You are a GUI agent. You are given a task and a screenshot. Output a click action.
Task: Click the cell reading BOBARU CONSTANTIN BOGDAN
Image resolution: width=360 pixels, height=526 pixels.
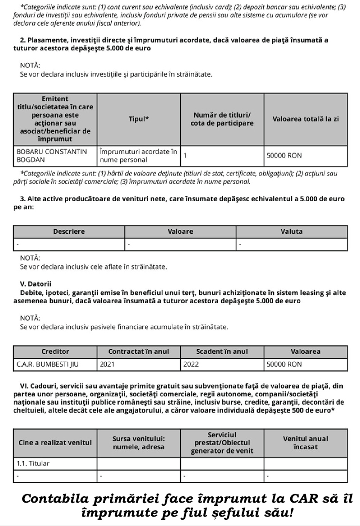[x=52, y=156]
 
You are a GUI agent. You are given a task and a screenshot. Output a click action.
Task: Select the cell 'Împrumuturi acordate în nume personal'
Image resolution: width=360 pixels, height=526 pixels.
[x=139, y=156]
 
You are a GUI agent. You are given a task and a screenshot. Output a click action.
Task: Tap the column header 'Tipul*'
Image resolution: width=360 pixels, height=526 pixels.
[x=139, y=119]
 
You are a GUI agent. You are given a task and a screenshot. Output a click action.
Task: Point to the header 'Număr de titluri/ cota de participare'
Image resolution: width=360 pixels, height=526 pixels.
[x=222, y=119]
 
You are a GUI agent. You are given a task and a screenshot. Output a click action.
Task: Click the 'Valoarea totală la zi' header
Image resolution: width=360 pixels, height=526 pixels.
[x=306, y=119]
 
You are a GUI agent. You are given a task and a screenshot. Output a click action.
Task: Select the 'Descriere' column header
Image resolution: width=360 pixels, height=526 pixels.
[x=69, y=232]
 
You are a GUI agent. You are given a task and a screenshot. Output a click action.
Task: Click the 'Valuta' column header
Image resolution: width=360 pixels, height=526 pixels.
[x=292, y=232]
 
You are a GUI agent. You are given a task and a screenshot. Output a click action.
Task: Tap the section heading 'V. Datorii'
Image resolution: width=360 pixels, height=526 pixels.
[x=36, y=284]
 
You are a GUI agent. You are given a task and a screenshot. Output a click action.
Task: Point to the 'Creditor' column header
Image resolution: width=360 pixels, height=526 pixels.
[x=55, y=352]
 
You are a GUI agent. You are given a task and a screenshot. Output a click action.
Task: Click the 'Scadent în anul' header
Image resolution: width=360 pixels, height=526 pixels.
[x=222, y=352]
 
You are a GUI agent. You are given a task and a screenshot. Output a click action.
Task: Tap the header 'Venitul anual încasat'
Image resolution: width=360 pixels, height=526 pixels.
[x=306, y=443]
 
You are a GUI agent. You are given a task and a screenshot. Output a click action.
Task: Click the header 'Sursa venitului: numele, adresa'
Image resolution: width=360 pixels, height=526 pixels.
[x=139, y=443]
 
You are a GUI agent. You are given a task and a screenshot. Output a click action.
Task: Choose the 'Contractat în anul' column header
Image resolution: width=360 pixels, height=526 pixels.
[x=139, y=352]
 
